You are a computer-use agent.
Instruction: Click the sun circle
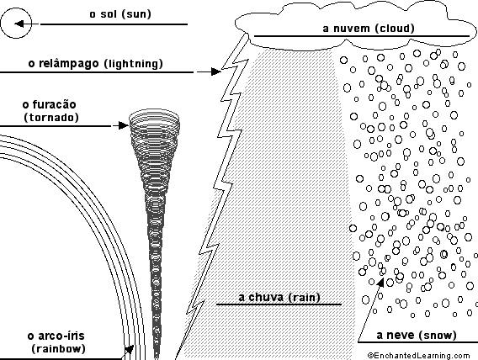pyautogui.click(x=16, y=8)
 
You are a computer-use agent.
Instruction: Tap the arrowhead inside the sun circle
pyautogui.click(x=19, y=24)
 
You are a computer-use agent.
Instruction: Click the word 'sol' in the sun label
pyautogui.click(x=109, y=14)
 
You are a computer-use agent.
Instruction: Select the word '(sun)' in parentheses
pyautogui.click(x=135, y=14)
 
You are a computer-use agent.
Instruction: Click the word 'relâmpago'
pyautogui.click(x=69, y=64)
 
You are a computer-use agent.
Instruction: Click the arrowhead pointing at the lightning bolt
pyautogui.click(x=215, y=71)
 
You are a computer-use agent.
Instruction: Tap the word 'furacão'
pyautogui.click(x=54, y=104)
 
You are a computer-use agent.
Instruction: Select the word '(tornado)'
pyautogui.click(x=51, y=118)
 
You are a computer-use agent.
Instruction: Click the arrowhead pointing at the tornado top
pyautogui.click(x=123, y=125)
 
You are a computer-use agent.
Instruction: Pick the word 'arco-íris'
pyautogui.click(x=61, y=336)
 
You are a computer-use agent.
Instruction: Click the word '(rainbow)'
pyautogui.click(x=58, y=349)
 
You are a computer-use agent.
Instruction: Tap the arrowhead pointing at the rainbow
pyautogui.click(x=130, y=349)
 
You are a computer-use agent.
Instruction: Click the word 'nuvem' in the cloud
pyautogui.click(x=352, y=29)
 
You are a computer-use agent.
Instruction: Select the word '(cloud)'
pyautogui.click(x=395, y=29)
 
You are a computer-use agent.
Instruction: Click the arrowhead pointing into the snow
pyautogui.click(x=380, y=283)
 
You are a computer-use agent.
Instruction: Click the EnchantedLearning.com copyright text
pyautogui.click(x=418, y=356)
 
